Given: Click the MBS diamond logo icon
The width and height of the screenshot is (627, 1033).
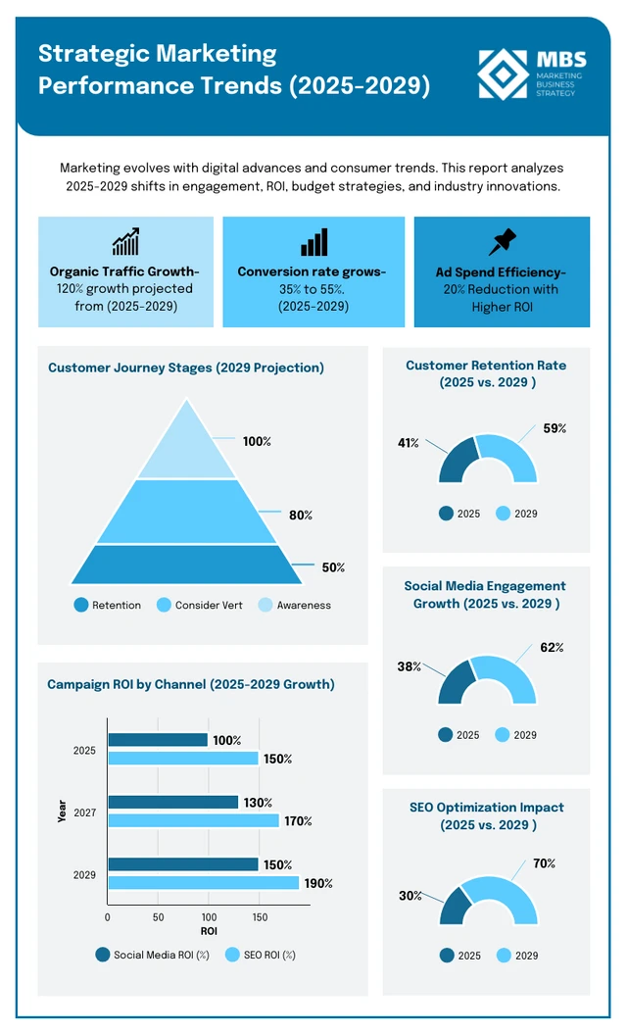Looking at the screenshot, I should [x=504, y=74].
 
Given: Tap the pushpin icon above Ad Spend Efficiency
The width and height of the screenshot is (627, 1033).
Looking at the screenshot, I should [x=502, y=242].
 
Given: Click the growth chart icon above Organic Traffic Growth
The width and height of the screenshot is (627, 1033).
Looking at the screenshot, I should [x=124, y=242].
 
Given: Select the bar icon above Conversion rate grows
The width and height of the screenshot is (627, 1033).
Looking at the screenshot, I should [x=313, y=242].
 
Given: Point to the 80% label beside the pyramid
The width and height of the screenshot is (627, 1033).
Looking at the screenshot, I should [x=301, y=515].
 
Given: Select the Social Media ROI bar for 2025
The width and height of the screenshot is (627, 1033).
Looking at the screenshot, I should [x=157, y=740].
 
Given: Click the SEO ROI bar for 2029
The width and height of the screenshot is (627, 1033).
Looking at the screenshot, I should [x=203, y=883].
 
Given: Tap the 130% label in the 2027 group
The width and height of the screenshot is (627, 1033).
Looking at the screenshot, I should [x=258, y=803].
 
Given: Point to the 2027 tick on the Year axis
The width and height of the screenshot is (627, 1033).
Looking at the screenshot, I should [x=84, y=812].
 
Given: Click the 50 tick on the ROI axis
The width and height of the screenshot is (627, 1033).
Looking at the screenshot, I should [x=158, y=917].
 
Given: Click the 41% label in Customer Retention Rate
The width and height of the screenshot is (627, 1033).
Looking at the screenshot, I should [x=408, y=443].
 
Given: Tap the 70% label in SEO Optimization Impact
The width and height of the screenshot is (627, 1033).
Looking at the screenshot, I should [x=544, y=863].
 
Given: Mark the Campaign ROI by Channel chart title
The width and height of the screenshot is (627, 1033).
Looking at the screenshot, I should [x=190, y=684].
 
